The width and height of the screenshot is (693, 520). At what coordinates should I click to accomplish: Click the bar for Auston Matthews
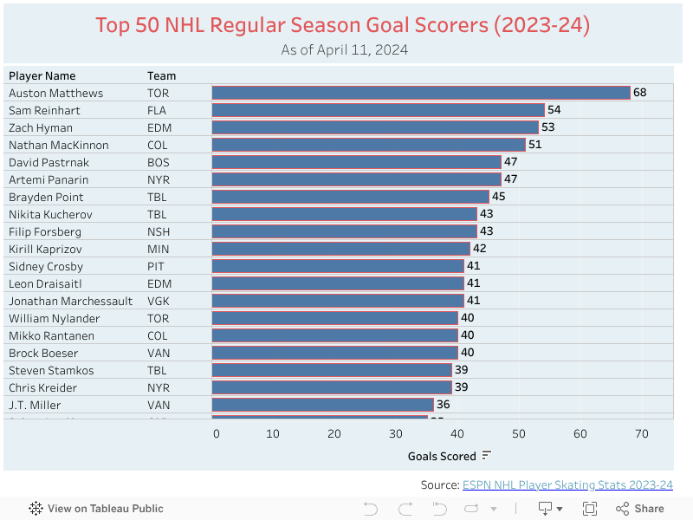[421, 93]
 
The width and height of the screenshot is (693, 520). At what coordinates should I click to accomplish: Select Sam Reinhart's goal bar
[378, 110]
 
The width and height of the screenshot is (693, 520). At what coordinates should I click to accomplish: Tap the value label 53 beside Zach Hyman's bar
[547, 127]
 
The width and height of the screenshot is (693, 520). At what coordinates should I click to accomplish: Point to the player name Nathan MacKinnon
[59, 145]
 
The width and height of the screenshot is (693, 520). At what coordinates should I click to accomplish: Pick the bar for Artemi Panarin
[356, 179]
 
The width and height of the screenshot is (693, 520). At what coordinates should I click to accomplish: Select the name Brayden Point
[46, 197]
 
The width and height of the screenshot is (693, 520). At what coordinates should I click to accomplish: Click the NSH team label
[159, 231]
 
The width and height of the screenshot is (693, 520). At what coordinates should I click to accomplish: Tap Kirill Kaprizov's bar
[341, 249]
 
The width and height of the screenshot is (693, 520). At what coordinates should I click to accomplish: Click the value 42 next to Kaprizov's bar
[479, 249]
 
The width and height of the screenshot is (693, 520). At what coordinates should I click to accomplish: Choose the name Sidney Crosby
[46, 266]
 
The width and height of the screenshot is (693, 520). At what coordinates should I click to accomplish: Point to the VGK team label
[159, 301]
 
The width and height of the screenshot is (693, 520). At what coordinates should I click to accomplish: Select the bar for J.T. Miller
[322, 405]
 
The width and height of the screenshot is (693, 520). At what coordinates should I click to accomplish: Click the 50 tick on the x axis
[519, 434]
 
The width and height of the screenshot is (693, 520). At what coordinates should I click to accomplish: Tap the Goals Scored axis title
[442, 456]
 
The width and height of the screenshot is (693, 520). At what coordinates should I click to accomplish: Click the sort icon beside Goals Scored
[487, 456]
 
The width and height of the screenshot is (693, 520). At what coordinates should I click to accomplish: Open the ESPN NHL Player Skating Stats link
[567, 484]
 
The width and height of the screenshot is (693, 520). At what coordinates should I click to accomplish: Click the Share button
[640, 509]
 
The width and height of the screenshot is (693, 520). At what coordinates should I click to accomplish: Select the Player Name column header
[42, 75]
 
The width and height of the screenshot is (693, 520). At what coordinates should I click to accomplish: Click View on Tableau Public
[96, 509]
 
